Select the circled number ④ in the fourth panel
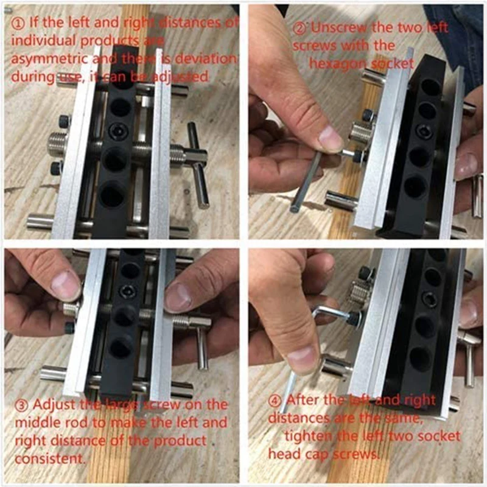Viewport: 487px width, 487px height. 275,400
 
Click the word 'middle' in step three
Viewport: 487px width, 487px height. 31,422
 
